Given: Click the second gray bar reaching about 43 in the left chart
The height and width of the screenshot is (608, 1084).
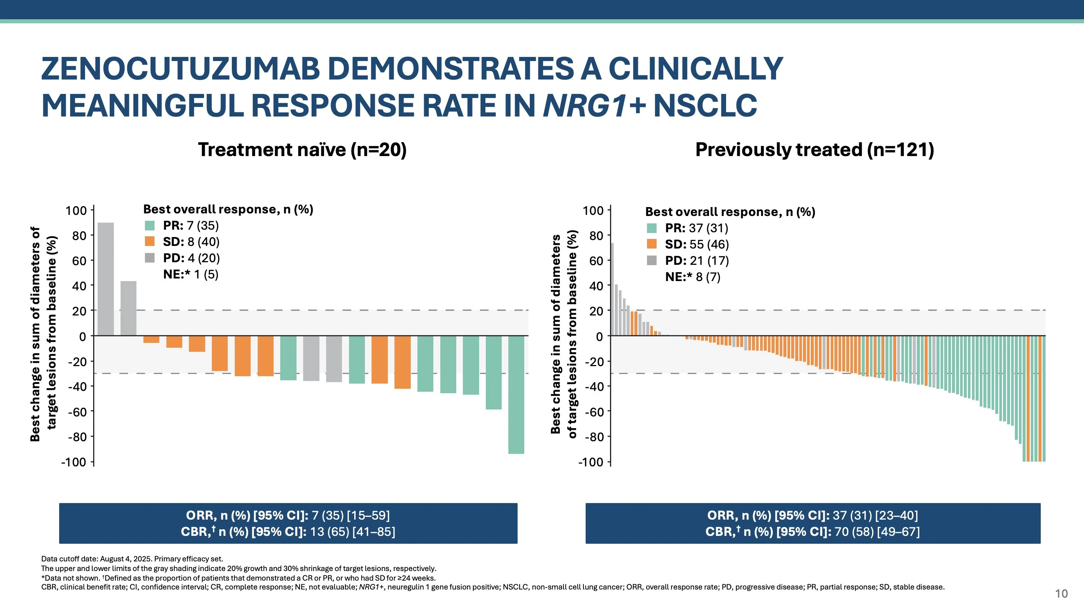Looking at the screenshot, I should pyautogui.click(x=128, y=308).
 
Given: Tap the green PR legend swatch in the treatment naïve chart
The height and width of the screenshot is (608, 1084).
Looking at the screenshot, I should pyautogui.click(x=150, y=226).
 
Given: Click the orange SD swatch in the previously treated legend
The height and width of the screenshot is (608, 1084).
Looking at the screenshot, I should pyautogui.click(x=651, y=244).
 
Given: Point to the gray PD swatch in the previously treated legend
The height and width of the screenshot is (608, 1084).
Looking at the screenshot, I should pyautogui.click(x=651, y=261).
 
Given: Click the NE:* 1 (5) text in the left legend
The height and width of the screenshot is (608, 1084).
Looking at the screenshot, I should pyautogui.click(x=191, y=274).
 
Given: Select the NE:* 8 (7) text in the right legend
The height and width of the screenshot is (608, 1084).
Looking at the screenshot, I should pyautogui.click(x=692, y=277).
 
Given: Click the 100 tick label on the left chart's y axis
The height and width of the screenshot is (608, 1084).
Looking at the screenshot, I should pyautogui.click(x=76, y=210).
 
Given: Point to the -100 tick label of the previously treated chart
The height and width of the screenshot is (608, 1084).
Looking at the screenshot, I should pyautogui.click(x=591, y=462).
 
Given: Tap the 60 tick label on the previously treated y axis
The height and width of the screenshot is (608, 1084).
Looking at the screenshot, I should pyautogui.click(x=596, y=261).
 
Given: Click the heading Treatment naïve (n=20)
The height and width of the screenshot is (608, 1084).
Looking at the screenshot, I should pyautogui.click(x=302, y=150).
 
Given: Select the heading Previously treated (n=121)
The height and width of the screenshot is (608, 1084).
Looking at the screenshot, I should pyautogui.click(x=814, y=150).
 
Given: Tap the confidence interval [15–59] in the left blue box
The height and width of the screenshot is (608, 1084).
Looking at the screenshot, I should pyautogui.click(x=368, y=516).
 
